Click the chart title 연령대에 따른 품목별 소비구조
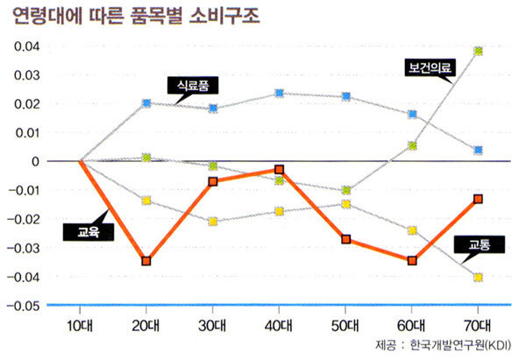coord(136,17)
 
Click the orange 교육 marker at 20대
coord(146,261)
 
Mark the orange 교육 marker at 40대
coord(279,170)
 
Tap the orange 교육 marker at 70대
coord(479,200)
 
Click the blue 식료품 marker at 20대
coord(146,103)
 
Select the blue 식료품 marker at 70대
coord(479,151)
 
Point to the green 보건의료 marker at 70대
coord(479,51)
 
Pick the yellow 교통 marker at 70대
coord(479,278)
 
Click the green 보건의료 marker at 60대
coord(412,146)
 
